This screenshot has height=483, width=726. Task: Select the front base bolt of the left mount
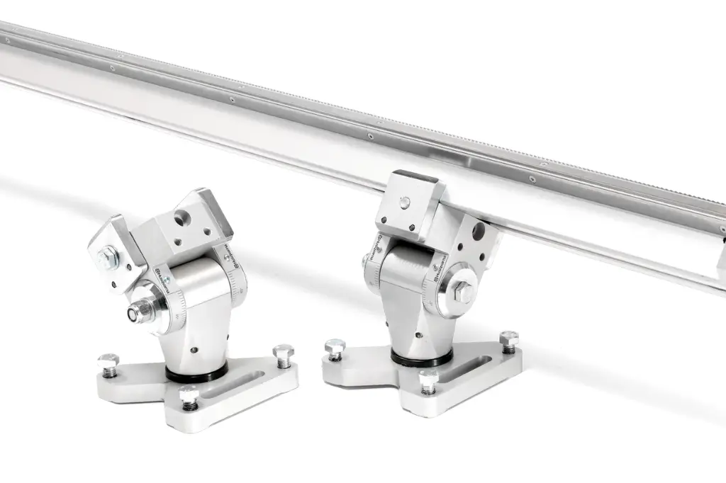click(x=189, y=397)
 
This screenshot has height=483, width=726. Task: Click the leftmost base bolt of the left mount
click(x=108, y=363)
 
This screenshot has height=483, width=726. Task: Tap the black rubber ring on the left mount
click(x=197, y=373)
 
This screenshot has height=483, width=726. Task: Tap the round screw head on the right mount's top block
click(x=404, y=203)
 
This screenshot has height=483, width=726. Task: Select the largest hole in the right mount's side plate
click(x=479, y=230)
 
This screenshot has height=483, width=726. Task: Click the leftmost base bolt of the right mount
click(x=335, y=349)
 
